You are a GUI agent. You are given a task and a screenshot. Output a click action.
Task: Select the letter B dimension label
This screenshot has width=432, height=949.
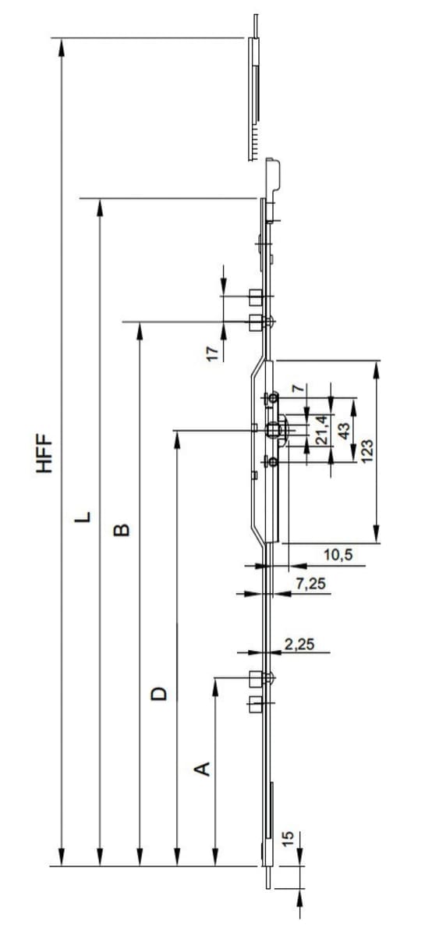point(121,530)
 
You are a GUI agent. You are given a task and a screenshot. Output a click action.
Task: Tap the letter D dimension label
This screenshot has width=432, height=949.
point(158,692)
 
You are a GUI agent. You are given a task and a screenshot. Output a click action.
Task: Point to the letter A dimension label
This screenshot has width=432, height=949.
point(201,769)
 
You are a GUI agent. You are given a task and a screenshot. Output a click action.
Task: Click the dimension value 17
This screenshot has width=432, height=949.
point(211,354)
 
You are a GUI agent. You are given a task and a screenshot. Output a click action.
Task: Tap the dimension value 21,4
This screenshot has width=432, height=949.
point(322,431)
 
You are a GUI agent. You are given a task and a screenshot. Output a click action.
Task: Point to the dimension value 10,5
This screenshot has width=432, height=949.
point(338,554)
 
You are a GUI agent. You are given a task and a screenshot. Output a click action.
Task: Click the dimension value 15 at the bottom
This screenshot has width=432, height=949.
point(287,837)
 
